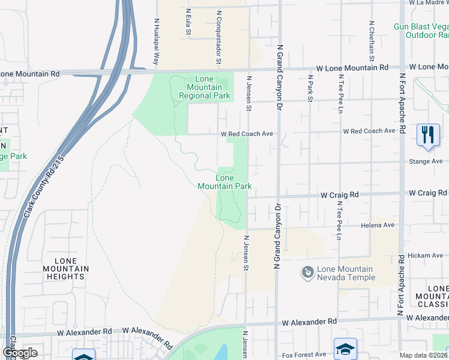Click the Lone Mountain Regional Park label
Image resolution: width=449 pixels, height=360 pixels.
pos(204,88)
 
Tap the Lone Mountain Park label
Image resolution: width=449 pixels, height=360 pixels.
pos(224,182)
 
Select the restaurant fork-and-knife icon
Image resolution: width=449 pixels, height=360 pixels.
pos(427,134)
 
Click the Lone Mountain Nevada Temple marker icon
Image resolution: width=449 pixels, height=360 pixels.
pos(308,273)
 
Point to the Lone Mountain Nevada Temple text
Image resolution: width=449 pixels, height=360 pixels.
pos(346,274)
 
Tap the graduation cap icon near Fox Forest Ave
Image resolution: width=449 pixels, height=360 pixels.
pos(346,349)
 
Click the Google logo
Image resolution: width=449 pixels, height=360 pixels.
pos(20,353)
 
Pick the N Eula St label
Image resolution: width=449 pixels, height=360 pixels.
pos(188,22)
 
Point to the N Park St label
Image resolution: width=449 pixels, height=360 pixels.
pos(310,88)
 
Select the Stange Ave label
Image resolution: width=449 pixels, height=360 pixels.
pos(427,161)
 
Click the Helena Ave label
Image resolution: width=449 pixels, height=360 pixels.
pos(378,226)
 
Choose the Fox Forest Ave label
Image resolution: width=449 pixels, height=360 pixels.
pos(304,354)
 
